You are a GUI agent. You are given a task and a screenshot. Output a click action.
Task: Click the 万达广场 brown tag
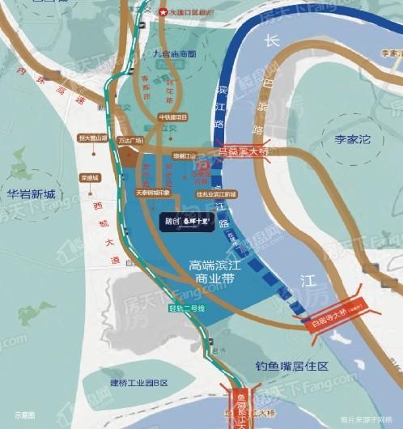pos(129,140)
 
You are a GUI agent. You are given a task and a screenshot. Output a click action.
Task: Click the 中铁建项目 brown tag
pos(172,117)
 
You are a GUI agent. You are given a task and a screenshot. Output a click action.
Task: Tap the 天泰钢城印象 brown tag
pos(152,193)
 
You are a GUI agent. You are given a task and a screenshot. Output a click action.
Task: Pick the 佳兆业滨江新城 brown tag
pos(215,194)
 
